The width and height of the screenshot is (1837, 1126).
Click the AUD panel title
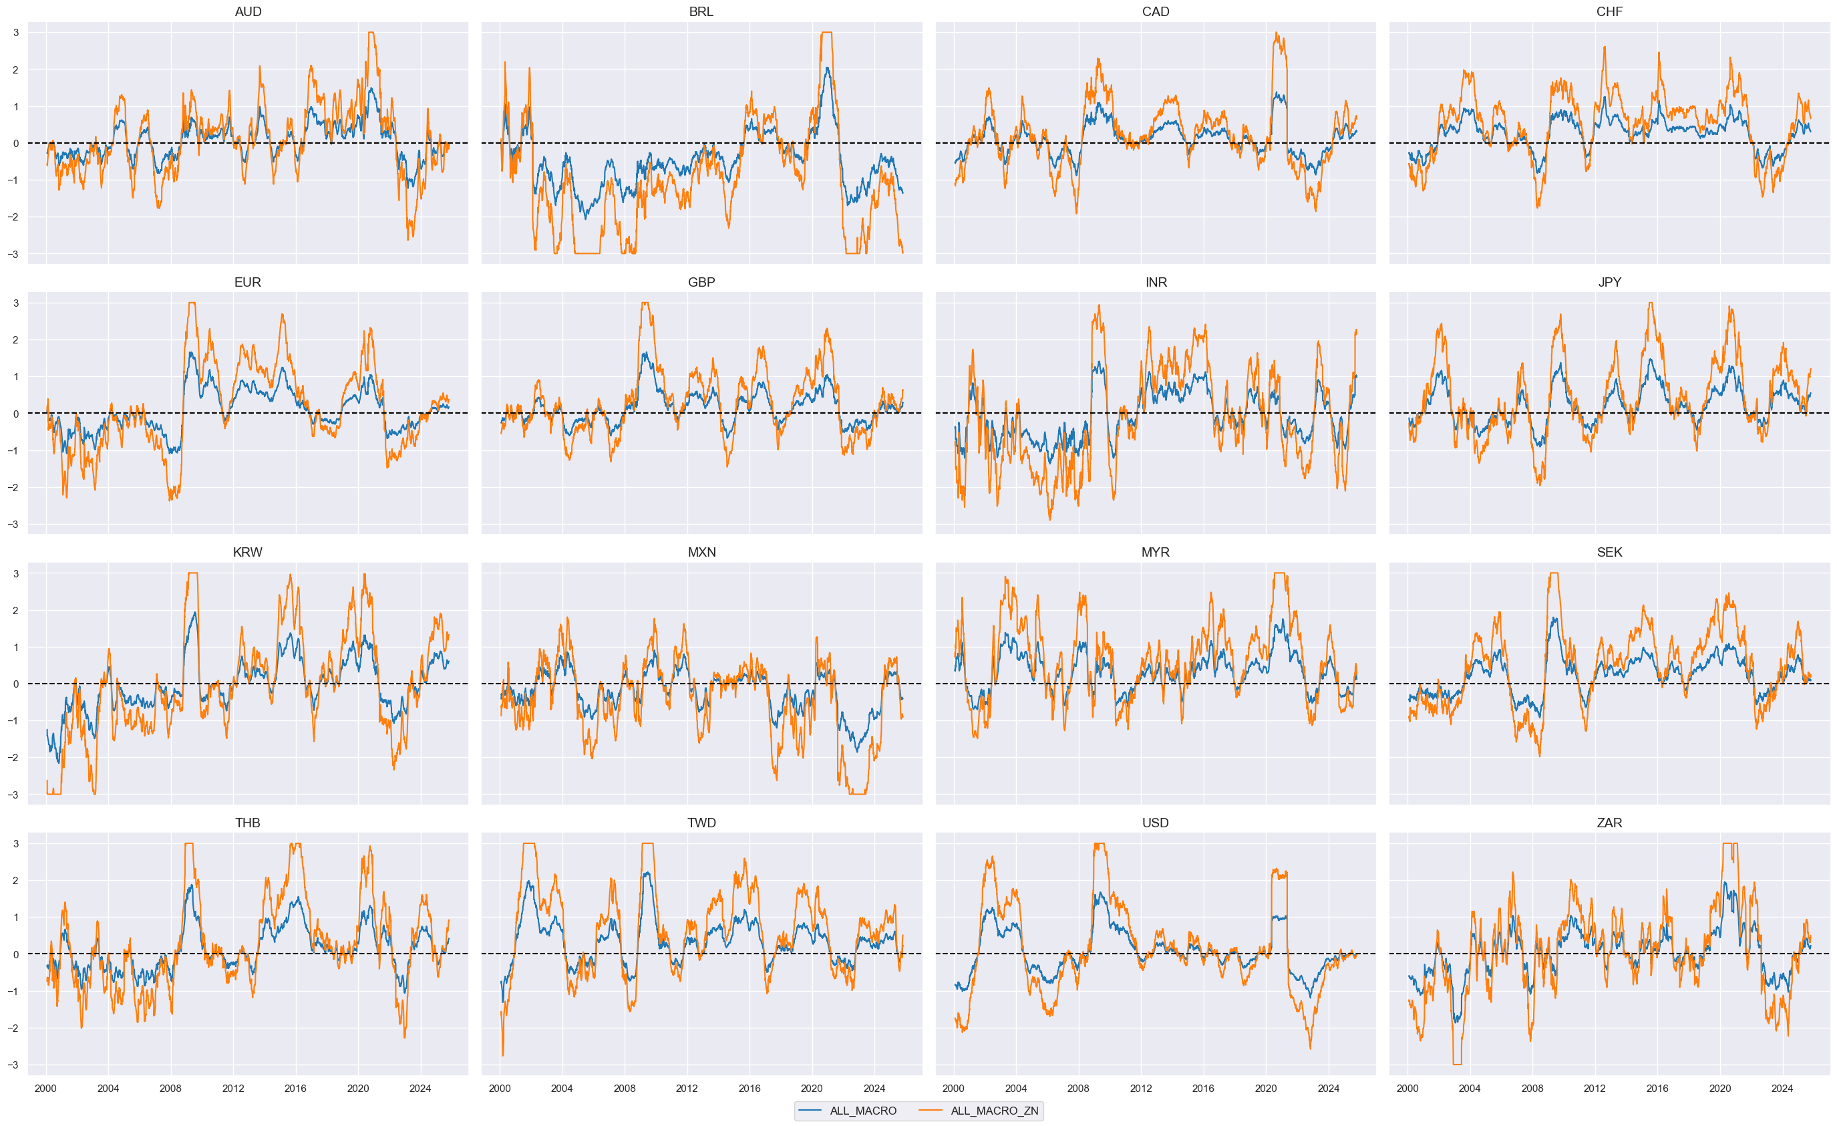pos(248,12)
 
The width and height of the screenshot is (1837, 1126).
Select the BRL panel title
pos(701,12)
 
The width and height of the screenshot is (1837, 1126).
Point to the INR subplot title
pos(1156,283)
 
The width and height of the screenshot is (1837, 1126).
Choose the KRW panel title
pos(248,553)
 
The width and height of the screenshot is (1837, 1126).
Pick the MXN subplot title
pos(701,553)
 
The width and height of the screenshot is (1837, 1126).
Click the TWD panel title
pos(701,823)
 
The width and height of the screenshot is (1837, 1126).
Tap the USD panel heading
pos(1156,823)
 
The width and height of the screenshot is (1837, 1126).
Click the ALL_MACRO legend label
pos(862,1111)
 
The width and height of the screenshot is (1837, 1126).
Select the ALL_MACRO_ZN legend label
pos(994,1111)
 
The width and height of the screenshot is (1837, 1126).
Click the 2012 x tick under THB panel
pos(232,1089)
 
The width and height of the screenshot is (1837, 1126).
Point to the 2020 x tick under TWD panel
pos(811,1089)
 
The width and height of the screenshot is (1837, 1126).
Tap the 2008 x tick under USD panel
pos(1078,1089)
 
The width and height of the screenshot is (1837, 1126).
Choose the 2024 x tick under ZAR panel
pos(1782,1089)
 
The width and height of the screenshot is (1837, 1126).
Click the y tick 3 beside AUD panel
pos(15,33)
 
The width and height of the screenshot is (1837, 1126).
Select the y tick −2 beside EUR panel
pos(13,488)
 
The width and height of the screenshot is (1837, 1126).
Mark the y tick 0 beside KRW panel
pos(15,684)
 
